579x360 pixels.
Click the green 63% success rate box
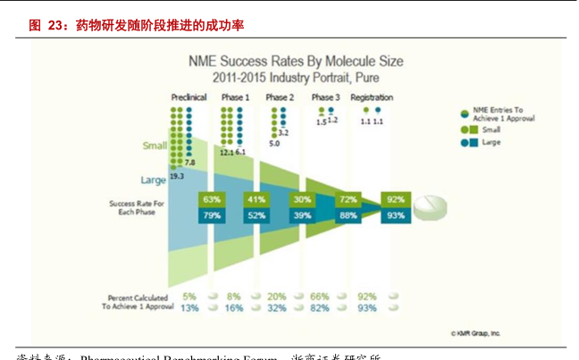[x=212, y=199]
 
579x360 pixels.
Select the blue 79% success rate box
[x=212, y=215]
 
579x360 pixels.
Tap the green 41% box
[x=256, y=199]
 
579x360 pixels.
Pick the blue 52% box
[x=256, y=215]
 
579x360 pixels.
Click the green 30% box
[x=302, y=199]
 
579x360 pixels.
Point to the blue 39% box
[x=302, y=215]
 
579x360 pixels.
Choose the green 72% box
[x=348, y=199]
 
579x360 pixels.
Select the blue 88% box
[x=348, y=215]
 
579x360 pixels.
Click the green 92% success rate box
[x=396, y=199]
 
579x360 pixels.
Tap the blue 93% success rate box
[x=396, y=215]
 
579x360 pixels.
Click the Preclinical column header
[x=189, y=96]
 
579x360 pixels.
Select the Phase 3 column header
[x=325, y=96]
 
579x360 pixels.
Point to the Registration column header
[x=372, y=96]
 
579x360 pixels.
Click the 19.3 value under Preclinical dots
[x=177, y=177]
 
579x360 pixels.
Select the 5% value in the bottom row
[x=189, y=296]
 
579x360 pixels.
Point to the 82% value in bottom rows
[x=320, y=307]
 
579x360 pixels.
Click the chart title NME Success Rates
[x=295, y=62]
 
